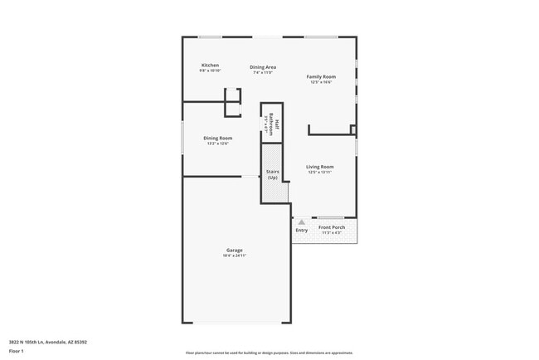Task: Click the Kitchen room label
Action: click(x=210, y=66)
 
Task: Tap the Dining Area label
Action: click(x=263, y=67)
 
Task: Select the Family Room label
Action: click(x=320, y=76)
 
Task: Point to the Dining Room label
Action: click(x=218, y=138)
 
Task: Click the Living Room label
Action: click(x=319, y=167)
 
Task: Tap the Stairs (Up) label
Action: click(x=272, y=175)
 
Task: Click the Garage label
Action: click(x=235, y=250)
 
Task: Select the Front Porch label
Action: click(x=332, y=227)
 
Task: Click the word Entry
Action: click(x=301, y=230)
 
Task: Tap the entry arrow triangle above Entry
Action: click(x=301, y=222)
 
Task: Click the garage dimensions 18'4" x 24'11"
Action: click(x=235, y=255)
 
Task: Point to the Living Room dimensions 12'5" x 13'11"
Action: click(x=319, y=173)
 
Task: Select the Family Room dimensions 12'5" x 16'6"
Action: click(x=320, y=82)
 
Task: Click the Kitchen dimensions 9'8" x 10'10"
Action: click(x=210, y=71)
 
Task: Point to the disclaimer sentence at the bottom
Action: click(x=269, y=352)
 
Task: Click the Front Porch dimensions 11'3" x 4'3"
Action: click(x=332, y=233)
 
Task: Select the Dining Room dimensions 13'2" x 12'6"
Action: click(x=218, y=144)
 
